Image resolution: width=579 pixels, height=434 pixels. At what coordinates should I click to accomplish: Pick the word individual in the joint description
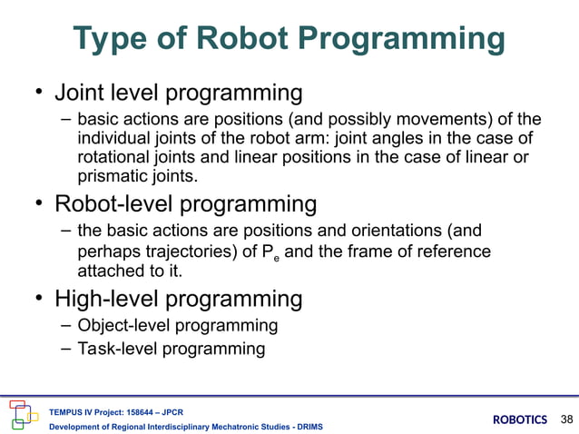click(112, 139)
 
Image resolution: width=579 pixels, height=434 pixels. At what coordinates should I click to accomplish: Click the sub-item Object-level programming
click(178, 325)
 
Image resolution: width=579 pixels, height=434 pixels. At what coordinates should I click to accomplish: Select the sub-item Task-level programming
click(172, 349)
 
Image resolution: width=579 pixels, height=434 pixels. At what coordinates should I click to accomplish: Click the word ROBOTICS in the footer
click(520, 419)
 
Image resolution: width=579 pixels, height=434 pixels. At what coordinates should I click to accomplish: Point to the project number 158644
click(151, 409)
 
